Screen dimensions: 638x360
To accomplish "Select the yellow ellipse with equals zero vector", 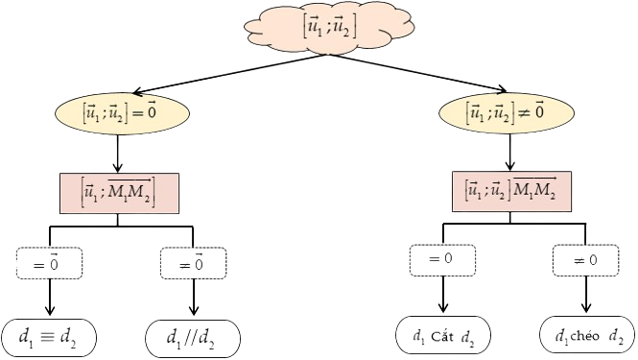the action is click(122, 113).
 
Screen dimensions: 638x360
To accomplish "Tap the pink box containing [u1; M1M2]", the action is click(119, 193).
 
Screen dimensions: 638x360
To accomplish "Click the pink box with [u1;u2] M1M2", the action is click(511, 191).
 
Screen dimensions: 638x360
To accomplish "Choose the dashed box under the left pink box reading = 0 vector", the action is click(50, 263).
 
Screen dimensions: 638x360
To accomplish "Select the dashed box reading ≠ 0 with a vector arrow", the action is click(193, 263).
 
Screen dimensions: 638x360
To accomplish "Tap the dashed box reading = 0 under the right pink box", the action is click(442, 260).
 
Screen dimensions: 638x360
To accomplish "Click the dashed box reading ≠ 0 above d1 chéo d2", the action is click(586, 260).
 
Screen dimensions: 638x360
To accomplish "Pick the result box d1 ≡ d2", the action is click(49, 338).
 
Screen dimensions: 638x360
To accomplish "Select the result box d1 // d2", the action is click(193, 338).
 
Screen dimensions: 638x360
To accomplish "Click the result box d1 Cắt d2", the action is click(443, 335).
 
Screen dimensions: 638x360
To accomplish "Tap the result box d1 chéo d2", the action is click(587, 335).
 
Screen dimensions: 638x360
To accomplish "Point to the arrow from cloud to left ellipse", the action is click(231, 74).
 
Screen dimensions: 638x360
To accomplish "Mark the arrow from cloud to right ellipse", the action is click(418, 73).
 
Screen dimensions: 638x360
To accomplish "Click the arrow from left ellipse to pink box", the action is click(118, 154).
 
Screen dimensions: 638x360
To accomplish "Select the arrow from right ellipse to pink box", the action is click(509, 153).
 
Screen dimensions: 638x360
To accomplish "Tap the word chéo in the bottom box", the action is click(584, 336).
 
